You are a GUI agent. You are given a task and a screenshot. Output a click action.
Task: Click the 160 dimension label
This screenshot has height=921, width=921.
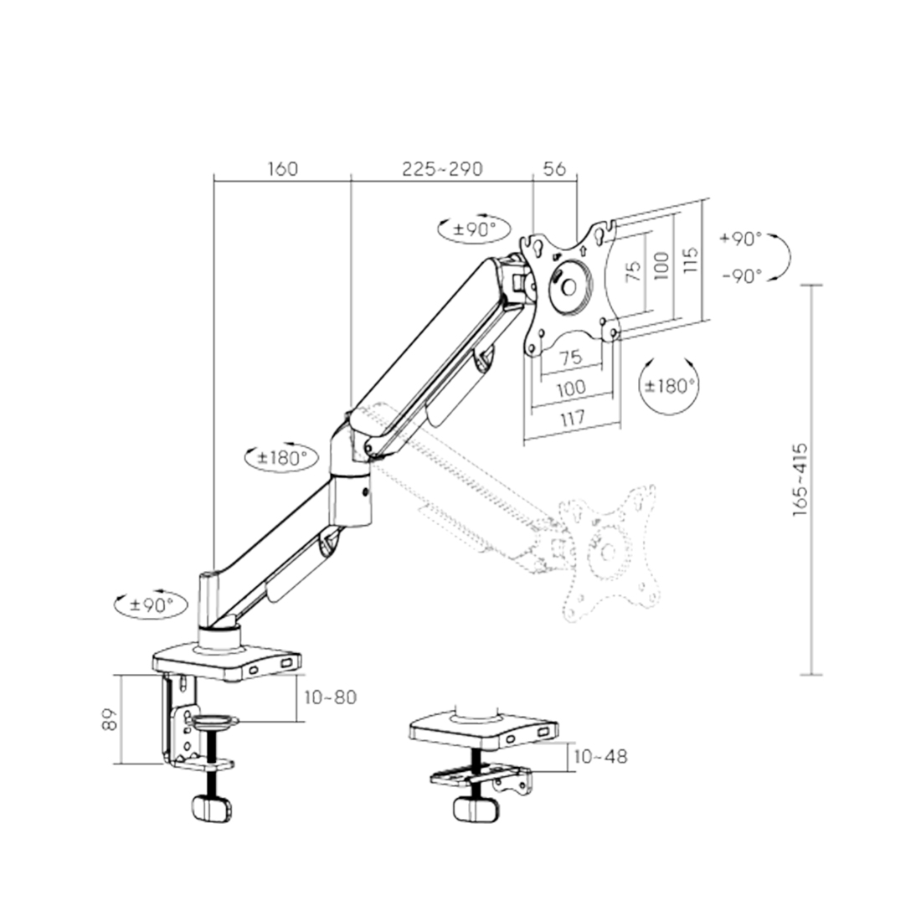coord(283,168)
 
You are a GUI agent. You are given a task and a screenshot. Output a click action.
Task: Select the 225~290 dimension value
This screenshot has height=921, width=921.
coord(442,168)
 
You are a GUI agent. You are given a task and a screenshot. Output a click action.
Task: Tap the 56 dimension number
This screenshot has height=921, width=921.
coord(554,168)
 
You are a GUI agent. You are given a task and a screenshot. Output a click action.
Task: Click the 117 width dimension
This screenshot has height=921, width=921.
coord(570,417)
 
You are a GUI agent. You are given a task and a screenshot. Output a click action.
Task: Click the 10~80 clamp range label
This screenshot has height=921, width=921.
coord(329,697)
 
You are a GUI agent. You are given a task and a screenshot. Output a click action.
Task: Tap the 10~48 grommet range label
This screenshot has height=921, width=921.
coord(599,756)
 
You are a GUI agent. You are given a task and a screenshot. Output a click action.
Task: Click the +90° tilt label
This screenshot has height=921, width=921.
coord(740,239)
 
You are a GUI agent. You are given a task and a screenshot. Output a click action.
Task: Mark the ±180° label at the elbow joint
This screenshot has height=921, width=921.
coord(281,458)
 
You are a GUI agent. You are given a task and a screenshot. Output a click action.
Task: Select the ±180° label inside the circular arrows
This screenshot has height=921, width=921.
coord(670,386)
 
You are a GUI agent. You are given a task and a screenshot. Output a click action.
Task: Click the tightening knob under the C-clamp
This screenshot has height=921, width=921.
coord(210,808)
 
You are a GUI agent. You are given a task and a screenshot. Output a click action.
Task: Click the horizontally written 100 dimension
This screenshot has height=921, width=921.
coord(570,387)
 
